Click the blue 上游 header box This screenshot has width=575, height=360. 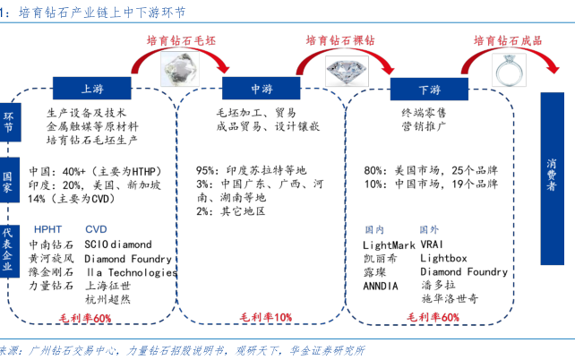92,89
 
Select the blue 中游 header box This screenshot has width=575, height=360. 261,89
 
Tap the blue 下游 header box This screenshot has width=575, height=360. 430,90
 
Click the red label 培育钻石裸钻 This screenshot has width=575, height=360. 341,40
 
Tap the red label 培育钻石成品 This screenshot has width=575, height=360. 508,40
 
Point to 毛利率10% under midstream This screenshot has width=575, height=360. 266,318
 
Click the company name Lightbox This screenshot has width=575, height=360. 443,257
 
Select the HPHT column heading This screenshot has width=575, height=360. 48,229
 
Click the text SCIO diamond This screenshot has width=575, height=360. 118,244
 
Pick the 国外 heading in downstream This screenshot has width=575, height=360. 430,229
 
